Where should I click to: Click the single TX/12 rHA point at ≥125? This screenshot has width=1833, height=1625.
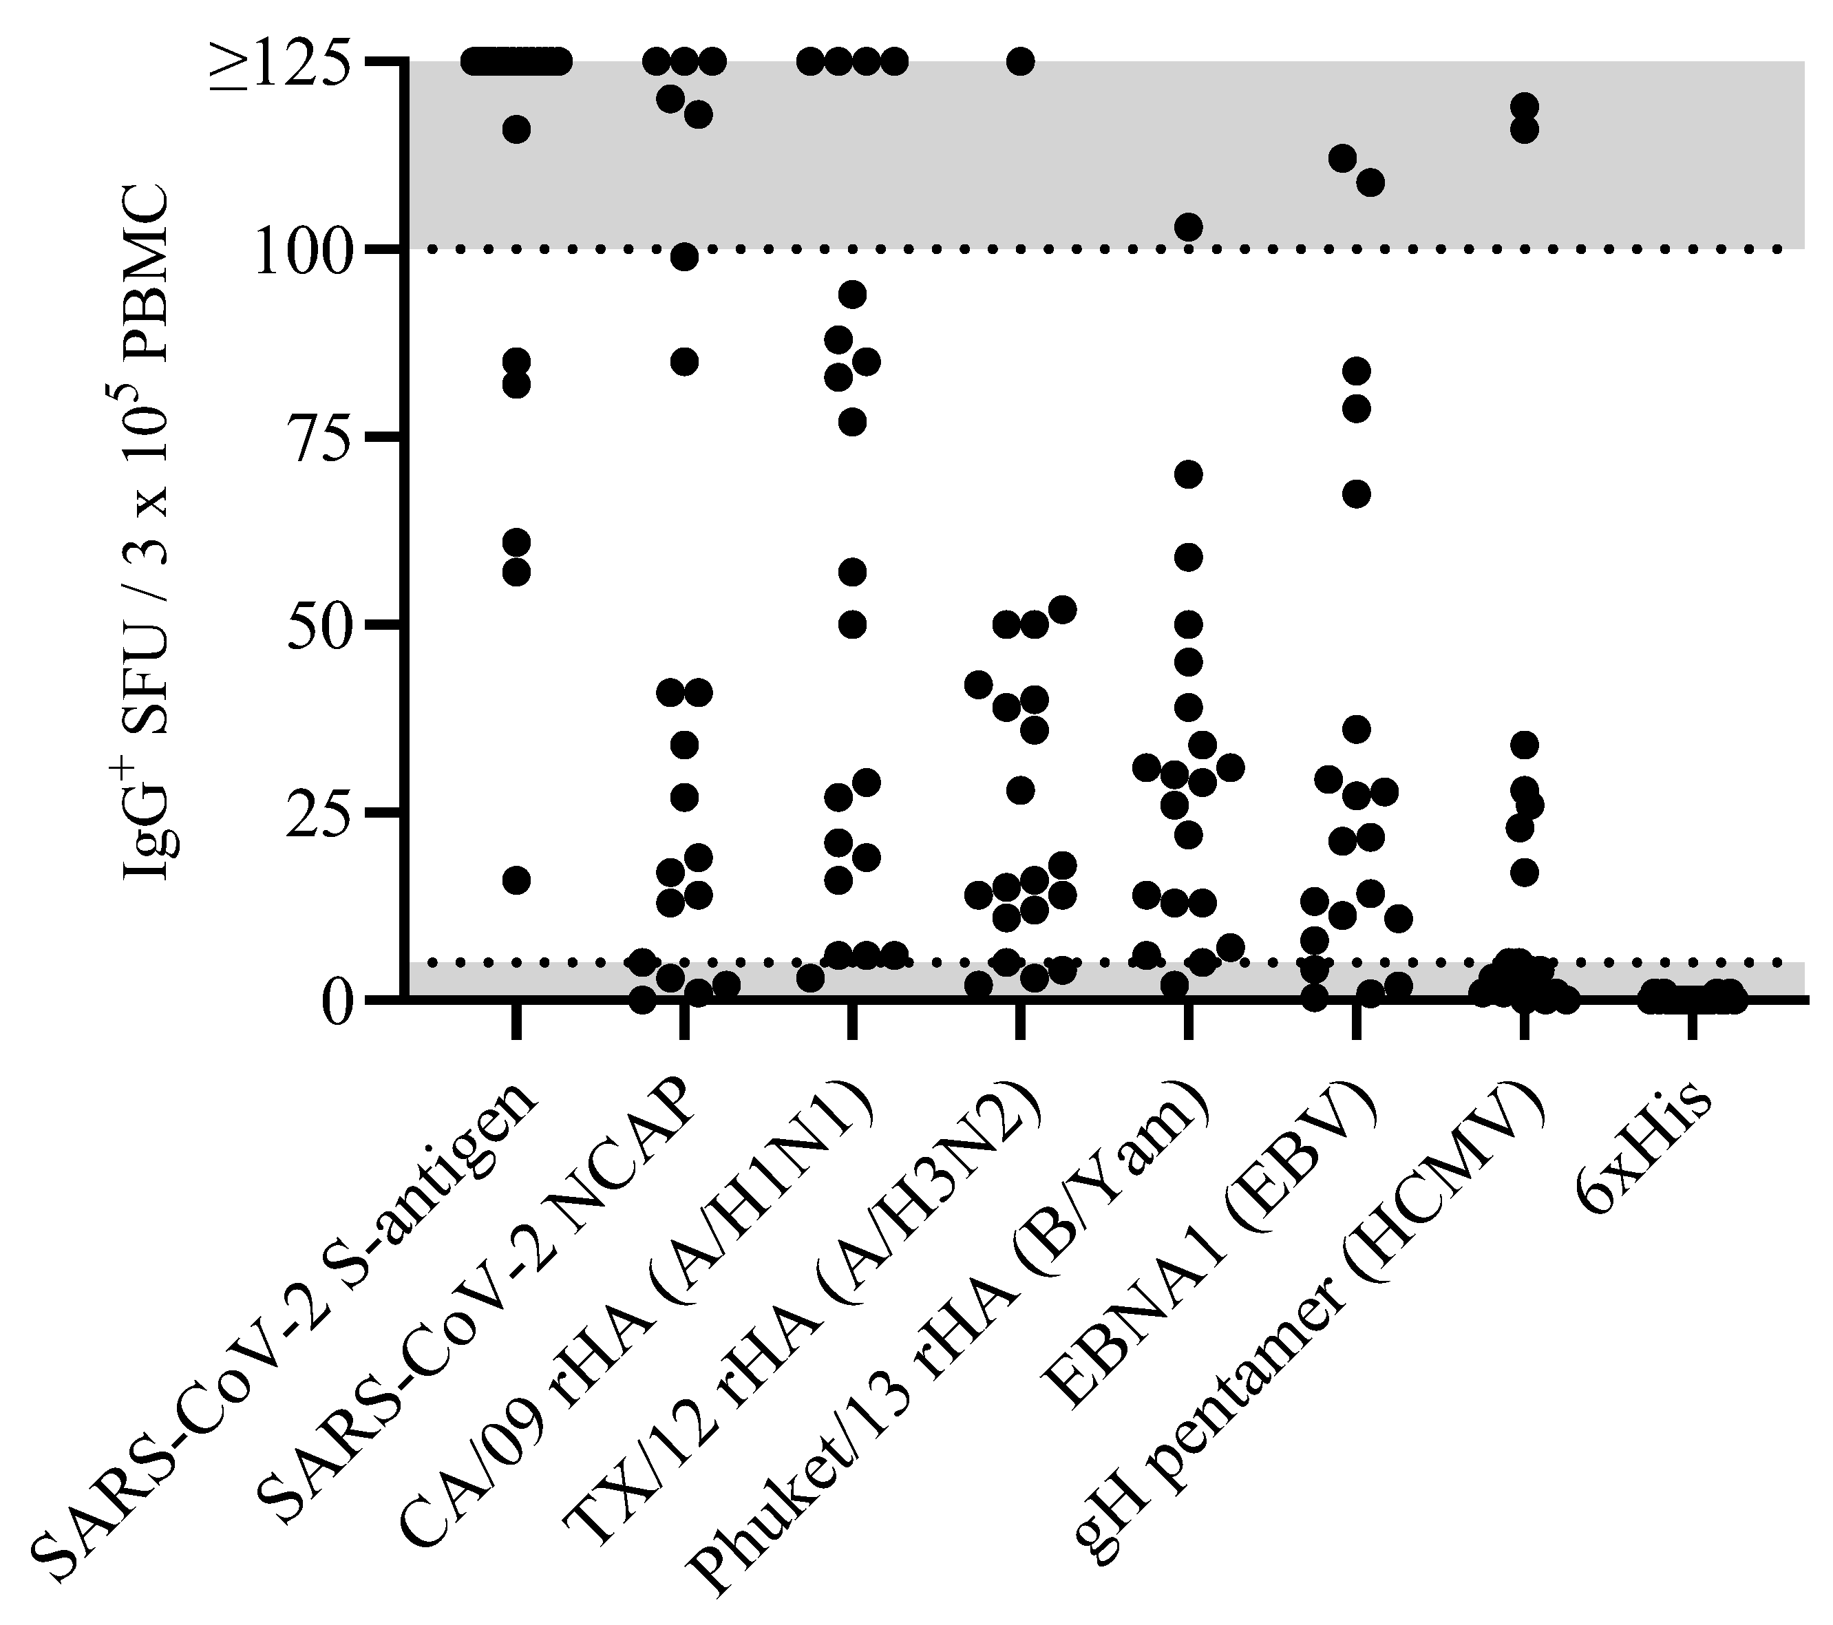coord(1019,62)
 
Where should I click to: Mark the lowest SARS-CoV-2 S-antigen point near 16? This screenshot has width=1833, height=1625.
coord(516,881)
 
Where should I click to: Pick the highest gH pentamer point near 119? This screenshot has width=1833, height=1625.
coord(1524,107)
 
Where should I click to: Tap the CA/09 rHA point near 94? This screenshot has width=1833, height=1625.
coord(852,294)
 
